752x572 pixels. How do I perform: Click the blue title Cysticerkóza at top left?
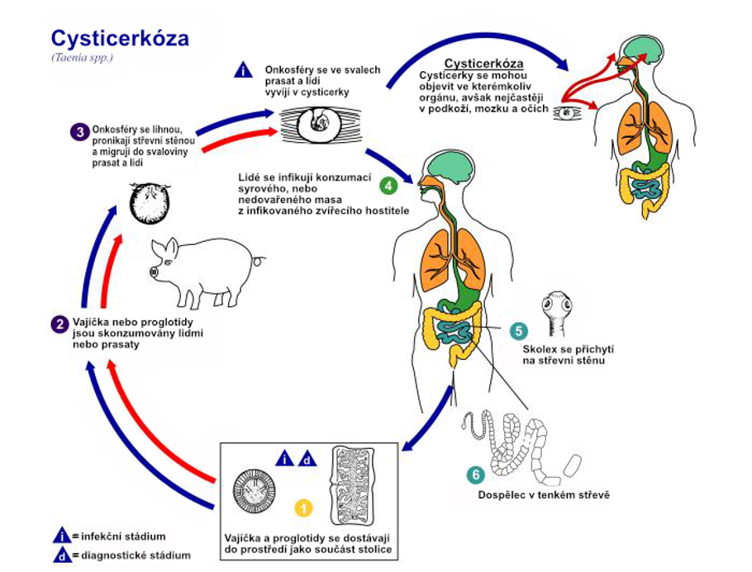tap(120, 38)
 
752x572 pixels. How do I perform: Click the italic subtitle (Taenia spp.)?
tap(83, 58)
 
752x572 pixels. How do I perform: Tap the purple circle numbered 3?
tap(80, 132)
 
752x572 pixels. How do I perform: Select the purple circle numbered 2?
tap(60, 324)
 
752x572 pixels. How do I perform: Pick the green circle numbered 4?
tap(388, 186)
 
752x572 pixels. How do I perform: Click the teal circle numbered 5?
tap(518, 330)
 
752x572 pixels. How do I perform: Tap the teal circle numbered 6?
tap(476, 475)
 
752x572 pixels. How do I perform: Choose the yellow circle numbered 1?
tap(304, 508)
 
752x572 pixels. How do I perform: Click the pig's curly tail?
tap(259, 261)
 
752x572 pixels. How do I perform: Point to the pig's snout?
tap(154, 272)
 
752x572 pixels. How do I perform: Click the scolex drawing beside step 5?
tap(557, 314)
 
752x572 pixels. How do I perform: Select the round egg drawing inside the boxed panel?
tap(255, 491)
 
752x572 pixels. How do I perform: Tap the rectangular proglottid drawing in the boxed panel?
tap(353, 486)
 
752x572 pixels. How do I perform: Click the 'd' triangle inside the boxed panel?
tap(307, 459)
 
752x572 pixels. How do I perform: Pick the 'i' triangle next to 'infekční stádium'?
tap(62, 536)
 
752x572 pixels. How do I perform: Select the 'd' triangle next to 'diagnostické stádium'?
tap(62, 555)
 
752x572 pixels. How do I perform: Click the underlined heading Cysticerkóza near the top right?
tap(483, 64)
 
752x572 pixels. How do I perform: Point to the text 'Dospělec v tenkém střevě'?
tap(544, 495)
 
